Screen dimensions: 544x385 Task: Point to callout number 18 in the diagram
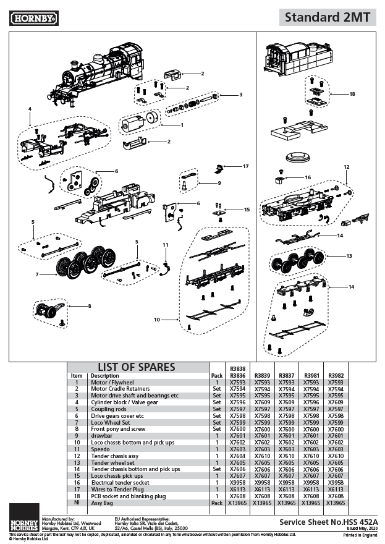(352, 94)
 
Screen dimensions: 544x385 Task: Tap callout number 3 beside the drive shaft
(240, 95)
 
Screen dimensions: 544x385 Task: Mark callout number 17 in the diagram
(245, 166)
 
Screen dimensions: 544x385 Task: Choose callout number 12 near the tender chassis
(346, 167)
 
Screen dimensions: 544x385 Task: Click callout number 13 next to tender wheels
(349, 255)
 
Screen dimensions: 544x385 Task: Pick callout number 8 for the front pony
(89, 305)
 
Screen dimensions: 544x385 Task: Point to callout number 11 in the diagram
(165, 245)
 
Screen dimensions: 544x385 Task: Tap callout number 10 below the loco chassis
(157, 319)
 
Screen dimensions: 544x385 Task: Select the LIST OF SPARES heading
(137, 367)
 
